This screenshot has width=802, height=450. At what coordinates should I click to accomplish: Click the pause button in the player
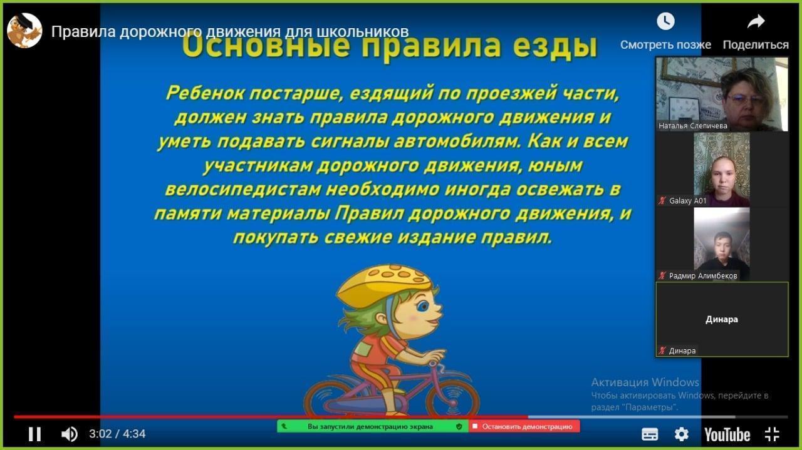(35, 434)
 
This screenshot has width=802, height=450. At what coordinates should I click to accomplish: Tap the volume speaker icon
(69, 434)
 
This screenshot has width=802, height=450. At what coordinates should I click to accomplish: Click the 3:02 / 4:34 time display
(117, 434)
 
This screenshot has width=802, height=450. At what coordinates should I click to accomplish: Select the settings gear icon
(681, 434)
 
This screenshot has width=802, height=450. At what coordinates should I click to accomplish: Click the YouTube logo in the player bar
(727, 434)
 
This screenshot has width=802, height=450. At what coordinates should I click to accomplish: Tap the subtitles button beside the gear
(650, 434)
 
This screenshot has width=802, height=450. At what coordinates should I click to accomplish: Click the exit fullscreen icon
(772, 434)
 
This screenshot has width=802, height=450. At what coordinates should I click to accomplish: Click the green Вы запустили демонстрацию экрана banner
(372, 426)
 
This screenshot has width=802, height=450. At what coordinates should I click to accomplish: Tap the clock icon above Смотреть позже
(665, 22)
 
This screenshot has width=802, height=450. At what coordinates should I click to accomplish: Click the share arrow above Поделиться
(756, 22)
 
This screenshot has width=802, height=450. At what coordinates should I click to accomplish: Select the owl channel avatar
(24, 30)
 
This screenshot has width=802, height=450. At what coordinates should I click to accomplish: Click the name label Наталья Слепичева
(693, 126)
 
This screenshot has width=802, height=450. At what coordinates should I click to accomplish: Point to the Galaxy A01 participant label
(687, 201)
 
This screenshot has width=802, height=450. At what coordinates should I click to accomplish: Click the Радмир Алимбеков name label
(703, 275)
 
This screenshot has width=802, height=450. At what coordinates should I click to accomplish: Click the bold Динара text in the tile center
(722, 319)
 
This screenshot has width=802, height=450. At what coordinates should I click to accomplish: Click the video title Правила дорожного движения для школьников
(230, 31)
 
